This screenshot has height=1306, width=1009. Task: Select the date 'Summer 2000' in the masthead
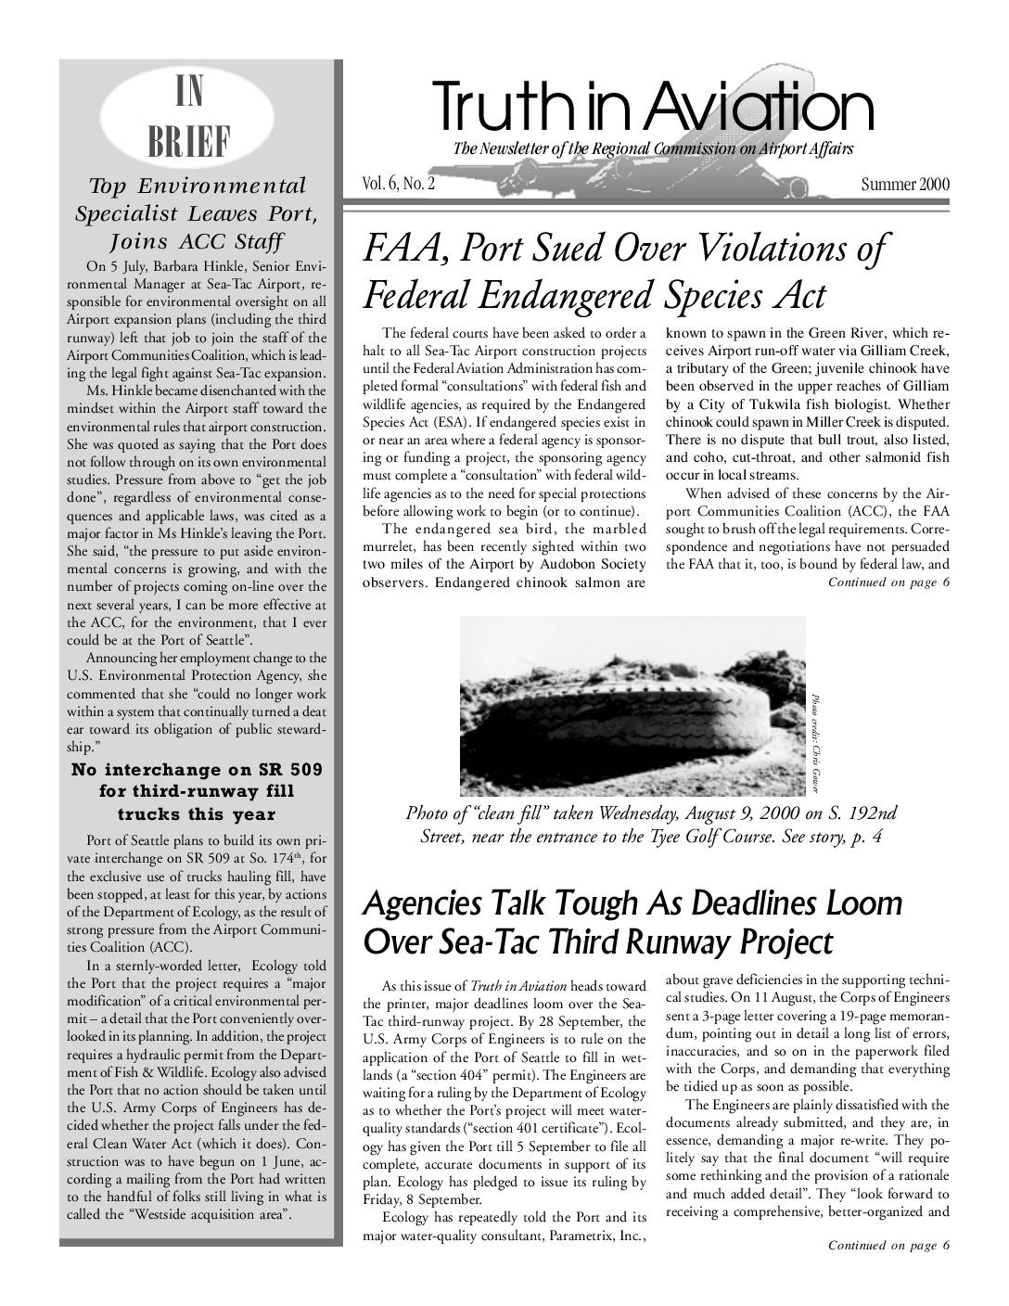point(904,184)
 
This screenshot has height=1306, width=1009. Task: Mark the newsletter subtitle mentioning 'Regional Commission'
point(652,149)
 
